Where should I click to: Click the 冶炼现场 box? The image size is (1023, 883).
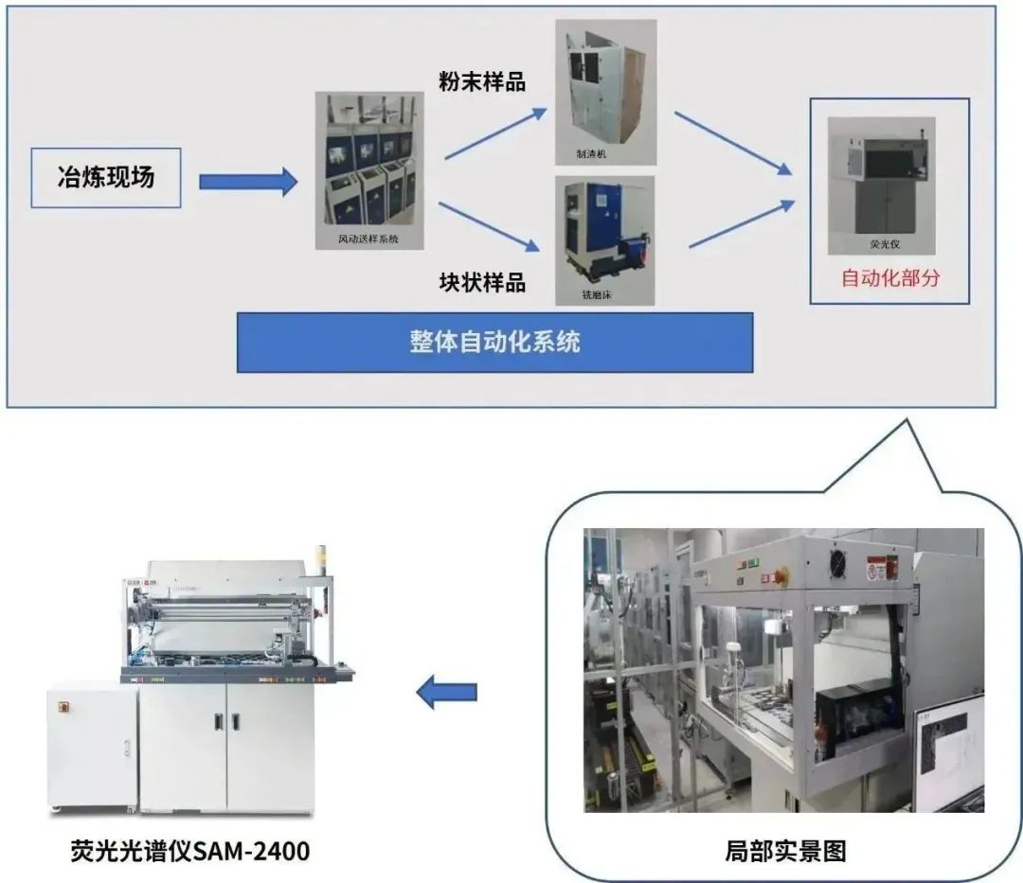click(x=105, y=177)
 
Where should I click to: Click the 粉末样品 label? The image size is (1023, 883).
click(x=481, y=80)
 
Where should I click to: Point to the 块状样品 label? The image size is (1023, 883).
click(x=481, y=282)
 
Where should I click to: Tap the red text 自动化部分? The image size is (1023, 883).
click(x=889, y=278)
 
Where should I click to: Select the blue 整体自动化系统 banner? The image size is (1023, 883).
click(x=494, y=342)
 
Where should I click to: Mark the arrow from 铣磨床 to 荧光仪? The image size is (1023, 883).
click(x=739, y=225)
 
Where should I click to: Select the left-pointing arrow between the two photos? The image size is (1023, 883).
click(x=447, y=693)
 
